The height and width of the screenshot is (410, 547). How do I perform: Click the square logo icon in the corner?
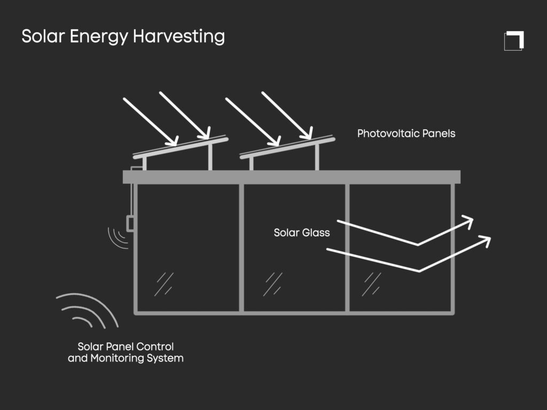514,41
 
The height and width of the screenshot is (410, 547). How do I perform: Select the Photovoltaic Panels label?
406,133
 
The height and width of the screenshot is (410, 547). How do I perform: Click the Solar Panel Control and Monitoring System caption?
126,353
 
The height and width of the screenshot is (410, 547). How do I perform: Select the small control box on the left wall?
130,223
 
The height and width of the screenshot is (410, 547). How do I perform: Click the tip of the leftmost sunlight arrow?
175,143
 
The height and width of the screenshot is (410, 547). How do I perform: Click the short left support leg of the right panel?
251,164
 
